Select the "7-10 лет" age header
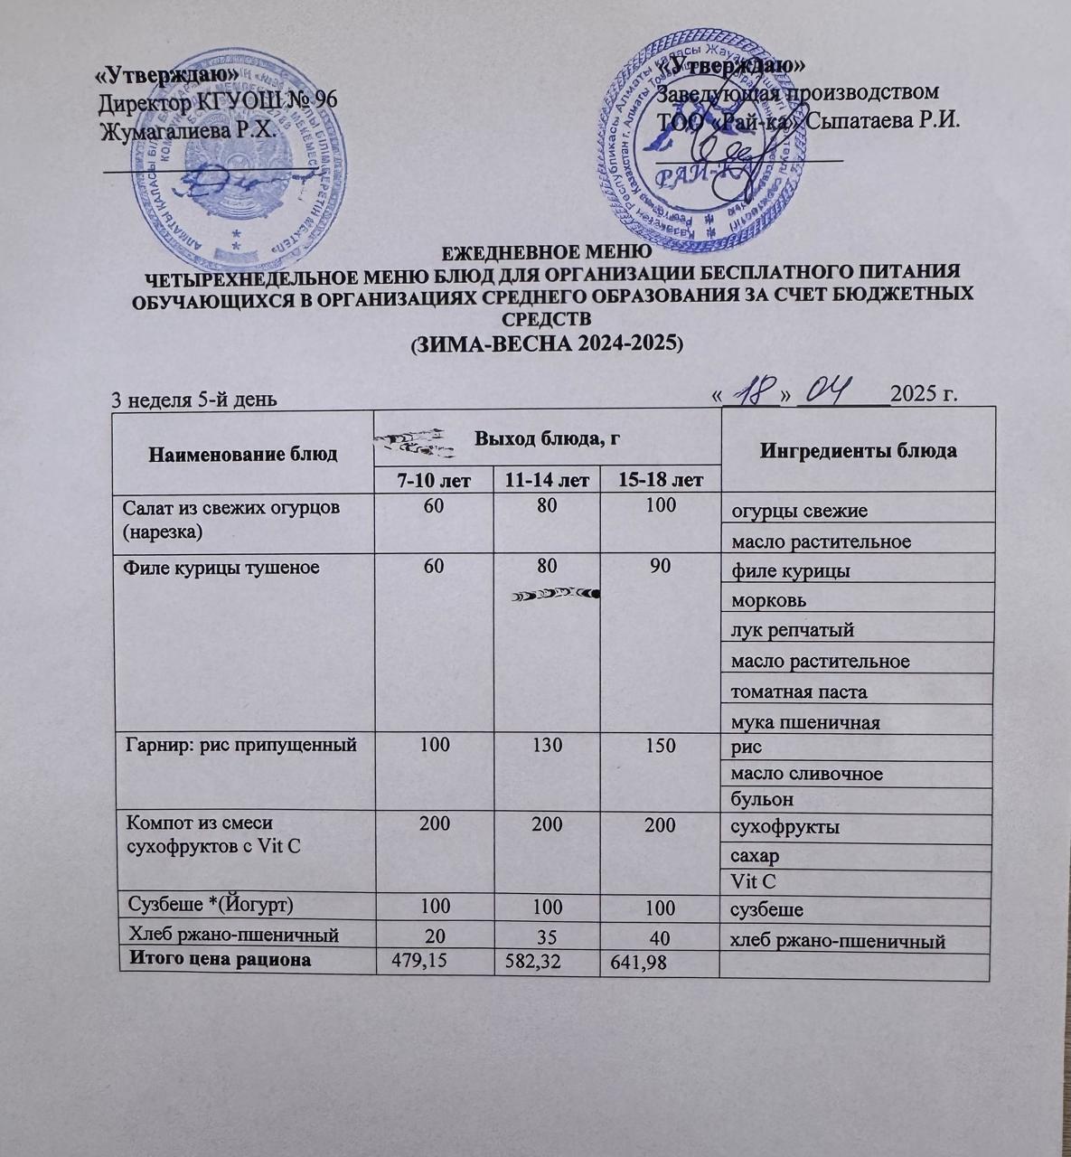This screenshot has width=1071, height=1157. pos(434,479)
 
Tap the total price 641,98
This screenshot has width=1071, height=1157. pos(636,964)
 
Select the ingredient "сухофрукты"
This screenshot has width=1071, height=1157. pos(784,827)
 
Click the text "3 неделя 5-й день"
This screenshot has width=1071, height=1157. pos(187,400)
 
